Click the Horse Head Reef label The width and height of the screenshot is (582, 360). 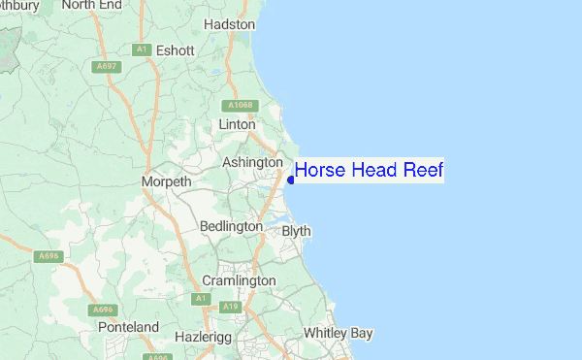(369, 171)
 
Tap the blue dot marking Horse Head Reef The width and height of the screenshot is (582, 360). (291, 180)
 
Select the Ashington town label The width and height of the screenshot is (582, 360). (252, 162)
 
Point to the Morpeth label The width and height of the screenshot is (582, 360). (167, 181)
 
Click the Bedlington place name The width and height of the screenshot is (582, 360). (230, 226)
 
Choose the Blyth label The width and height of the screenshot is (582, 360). (296, 231)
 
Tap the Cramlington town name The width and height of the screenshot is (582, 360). (239, 280)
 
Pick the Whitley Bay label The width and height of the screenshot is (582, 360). (338, 333)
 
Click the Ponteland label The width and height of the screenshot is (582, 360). (128, 328)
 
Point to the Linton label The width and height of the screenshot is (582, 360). (237, 124)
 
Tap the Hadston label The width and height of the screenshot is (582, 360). (230, 23)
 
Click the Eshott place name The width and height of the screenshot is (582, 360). (175, 50)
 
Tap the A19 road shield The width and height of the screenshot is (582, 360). (230, 307)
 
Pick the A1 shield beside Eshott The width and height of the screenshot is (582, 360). (142, 49)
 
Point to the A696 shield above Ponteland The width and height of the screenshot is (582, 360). (104, 310)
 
